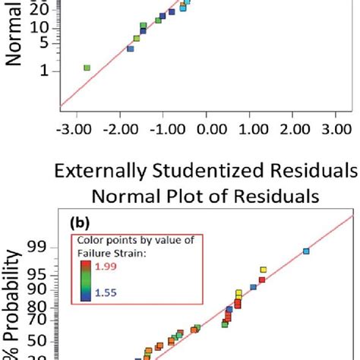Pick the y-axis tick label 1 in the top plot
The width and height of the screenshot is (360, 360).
(44, 71)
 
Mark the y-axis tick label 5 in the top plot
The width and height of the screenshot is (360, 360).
(44, 43)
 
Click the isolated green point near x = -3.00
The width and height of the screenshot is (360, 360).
(87, 68)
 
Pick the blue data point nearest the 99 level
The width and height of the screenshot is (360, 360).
(306, 251)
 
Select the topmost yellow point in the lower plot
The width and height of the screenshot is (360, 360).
(264, 270)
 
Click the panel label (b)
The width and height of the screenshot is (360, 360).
(80, 226)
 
